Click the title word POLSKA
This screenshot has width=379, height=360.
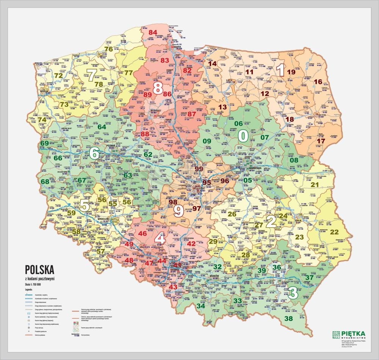[x=39, y=269]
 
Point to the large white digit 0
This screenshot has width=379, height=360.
[x=243, y=135]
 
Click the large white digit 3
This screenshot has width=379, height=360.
[x=293, y=293]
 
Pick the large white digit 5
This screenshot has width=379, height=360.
[x=84, y=205]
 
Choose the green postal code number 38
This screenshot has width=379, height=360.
[x=289, y=319]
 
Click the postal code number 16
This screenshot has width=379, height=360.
[x=318, y=81]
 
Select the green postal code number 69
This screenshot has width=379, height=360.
[x=45, y=143]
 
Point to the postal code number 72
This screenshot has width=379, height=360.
[x=58, y=75]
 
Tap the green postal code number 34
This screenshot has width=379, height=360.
[x=201, y=306]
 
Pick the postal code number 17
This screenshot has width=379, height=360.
[x=321, y=141]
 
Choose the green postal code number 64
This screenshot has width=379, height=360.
[x=102, y=127]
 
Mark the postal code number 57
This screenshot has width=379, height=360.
[x=100, y=251]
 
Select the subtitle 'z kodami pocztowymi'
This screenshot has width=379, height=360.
[x=39, y=279]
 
